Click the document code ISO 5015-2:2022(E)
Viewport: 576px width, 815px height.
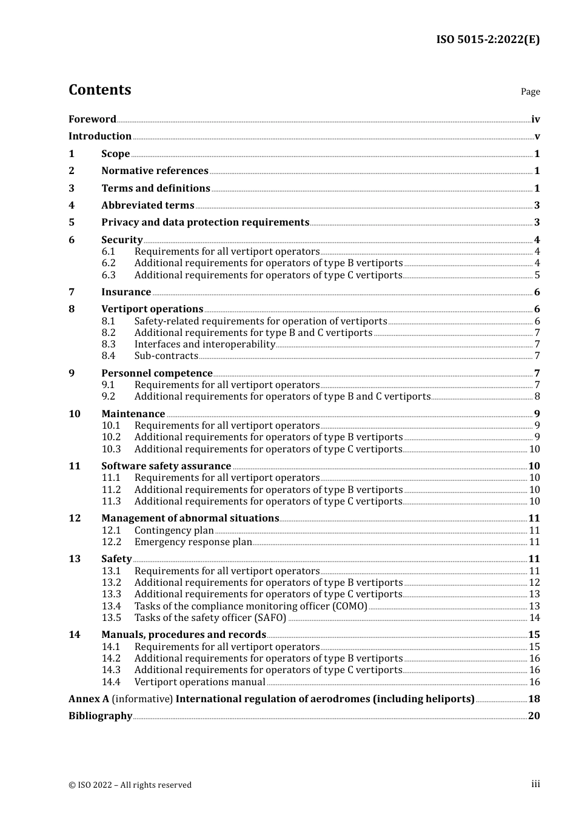[487, 39]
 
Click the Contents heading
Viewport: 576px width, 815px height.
[99, 90]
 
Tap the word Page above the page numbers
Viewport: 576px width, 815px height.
[530, 92]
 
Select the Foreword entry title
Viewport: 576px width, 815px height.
[92, 119]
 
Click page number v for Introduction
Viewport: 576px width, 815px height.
[537, 136]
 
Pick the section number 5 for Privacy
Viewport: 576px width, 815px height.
[72, 223]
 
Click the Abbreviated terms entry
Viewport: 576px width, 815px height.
[147, 206]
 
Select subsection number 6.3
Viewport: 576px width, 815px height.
[109, 275]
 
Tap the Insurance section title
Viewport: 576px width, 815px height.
[126, 292]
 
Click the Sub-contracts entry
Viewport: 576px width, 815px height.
[166, 356]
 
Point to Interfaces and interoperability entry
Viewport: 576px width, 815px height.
[204, 344]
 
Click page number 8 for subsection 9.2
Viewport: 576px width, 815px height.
[537, 397]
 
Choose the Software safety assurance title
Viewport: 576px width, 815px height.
[166, 466]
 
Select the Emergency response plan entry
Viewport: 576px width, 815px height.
[193, 542]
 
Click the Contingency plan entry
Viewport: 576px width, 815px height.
[173, 531]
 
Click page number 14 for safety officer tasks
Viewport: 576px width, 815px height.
[534, 618]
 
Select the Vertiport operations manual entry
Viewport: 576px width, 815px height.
[199, 682]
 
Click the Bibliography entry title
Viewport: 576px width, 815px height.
[100, 716]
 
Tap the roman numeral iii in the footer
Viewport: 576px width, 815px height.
[535, 784]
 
